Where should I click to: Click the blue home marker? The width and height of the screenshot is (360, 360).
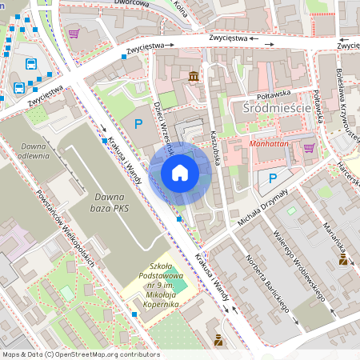pyautogui.click(x=180, y=172)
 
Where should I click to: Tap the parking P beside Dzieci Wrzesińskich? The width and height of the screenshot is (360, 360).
pyautogui.click(x=138, y=124)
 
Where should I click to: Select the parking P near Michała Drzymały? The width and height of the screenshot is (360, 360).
pyautogui.click(x=272, y=179)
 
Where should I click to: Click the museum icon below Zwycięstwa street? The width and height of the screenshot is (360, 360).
pyautogui.click(x=194, y=77)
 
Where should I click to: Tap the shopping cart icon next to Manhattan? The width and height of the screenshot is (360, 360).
pyautogui.click(x=309, y=147)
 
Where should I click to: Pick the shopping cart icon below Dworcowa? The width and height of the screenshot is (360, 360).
pyautogui.click(x=74, y=34)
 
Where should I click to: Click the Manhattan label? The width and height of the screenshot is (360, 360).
pyautogui.click(x=270, y=145)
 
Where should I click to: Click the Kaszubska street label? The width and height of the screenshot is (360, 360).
pyautogui.click(x=216, y=149)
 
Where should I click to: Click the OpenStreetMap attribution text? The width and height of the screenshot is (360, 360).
pyautogui.click(x=81, y=354)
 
